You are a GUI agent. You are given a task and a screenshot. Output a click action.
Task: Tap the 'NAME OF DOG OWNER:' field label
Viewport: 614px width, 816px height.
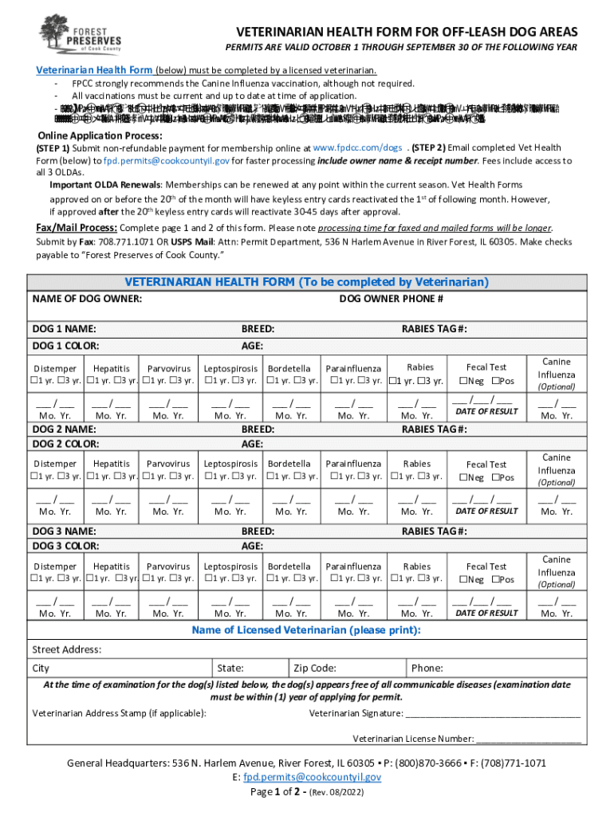(x=87, y=299)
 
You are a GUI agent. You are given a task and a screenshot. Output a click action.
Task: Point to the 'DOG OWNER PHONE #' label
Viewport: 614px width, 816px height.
(x=391, y=299)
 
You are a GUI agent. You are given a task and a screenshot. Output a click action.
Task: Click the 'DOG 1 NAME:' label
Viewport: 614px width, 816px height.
(x=64, y=329)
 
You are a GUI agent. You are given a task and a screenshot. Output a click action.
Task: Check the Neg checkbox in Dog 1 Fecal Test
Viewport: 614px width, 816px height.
(x=463, y=380)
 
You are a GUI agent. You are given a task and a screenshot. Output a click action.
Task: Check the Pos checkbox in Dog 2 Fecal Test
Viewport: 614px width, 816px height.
(x=495, y=477)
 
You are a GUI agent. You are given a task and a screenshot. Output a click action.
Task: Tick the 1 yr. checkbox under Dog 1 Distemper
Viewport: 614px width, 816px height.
(x=35, y=380)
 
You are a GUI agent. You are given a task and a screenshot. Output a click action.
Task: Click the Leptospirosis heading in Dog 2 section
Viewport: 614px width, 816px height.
(x=230, y=464)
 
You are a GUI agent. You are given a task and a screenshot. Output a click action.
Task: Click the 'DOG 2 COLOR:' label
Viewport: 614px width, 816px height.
(x=65, y=444)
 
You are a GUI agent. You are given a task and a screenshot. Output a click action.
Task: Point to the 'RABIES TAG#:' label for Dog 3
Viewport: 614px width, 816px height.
(x=434, y=532)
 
